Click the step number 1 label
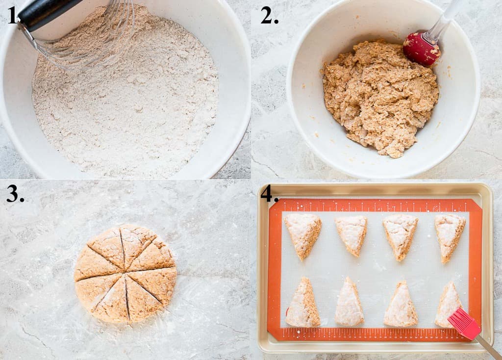click(12, 15)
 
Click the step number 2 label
click(269, 15)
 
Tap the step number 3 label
click(15, 194)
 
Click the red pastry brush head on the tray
click(464, 324)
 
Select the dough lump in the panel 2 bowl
click(380, 96)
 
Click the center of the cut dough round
click(125, 274)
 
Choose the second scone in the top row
click(352, 233)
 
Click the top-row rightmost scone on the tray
click(449, 235)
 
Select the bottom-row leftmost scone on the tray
click(303, 305)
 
